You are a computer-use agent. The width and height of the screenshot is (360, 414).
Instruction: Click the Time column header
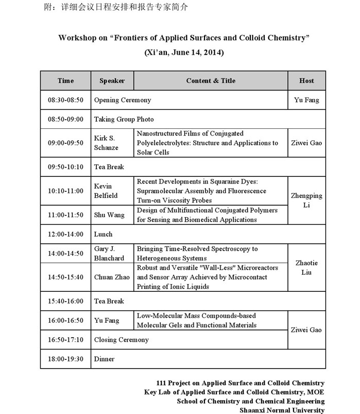pyautogui.click(x=65, y=80)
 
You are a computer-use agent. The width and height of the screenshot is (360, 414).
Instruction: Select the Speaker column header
pyautogui.click(x=112, y=80)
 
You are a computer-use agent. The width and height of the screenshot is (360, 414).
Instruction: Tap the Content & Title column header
pyautogui.click(x=211, y=80)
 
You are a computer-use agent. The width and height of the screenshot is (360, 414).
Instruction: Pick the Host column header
pyautogui.click(x=306, y=80)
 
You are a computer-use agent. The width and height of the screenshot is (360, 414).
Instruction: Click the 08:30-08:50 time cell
pyautogui.click(x=65, y=100)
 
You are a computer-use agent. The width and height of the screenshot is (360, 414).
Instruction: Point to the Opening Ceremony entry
pyautogui.click(x=123, y=100)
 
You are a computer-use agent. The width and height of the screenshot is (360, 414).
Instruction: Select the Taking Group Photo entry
pyautogui.click(x=124, y=119)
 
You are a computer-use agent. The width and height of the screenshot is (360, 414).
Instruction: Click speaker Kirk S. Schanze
pyautogui.click(x=106, y=143)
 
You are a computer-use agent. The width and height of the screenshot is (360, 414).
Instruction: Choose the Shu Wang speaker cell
pyautogui.click(x=109, y=215)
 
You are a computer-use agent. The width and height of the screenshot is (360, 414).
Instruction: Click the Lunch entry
pyautogui.click(x=103, y=234)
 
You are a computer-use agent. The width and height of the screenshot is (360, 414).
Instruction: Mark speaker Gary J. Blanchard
pyautogui.click(x=109, y=253)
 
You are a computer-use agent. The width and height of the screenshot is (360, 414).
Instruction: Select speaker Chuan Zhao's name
pyautogui.click(x=111, y=277)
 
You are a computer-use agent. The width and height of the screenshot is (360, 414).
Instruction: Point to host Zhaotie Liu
pyautogui.click(x=306, y=267)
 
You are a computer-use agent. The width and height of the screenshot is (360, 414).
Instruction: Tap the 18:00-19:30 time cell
pyautogui.click(x=65, y=359)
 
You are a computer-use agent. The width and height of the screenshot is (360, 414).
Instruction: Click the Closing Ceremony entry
pyautogui.click(x=122, y=340)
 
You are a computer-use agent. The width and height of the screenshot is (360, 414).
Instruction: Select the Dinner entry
pyautogui.click(x=104, y=359)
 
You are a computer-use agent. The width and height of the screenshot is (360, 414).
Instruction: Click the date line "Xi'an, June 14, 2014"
pyautogui.click(x=184, y=53)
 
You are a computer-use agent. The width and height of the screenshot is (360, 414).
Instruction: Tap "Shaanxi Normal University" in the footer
pyautogui.click(x=282, y=410)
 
